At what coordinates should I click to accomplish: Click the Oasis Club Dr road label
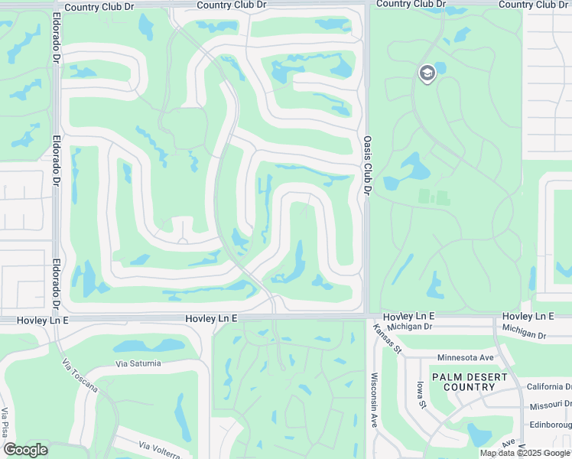[367, 165]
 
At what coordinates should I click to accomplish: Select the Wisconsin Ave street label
[375, 399]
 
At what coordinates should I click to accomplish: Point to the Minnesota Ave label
[466, 357]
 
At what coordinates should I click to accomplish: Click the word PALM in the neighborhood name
[448, 377]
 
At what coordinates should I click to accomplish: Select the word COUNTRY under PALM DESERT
[469, 387]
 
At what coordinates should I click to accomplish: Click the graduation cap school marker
[427, 73]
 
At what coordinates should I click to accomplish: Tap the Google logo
[25, 450]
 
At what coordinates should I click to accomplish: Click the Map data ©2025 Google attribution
[525, 453]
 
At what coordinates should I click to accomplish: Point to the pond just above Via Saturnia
[139, 346]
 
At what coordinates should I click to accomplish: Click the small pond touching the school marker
[439, 67]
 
